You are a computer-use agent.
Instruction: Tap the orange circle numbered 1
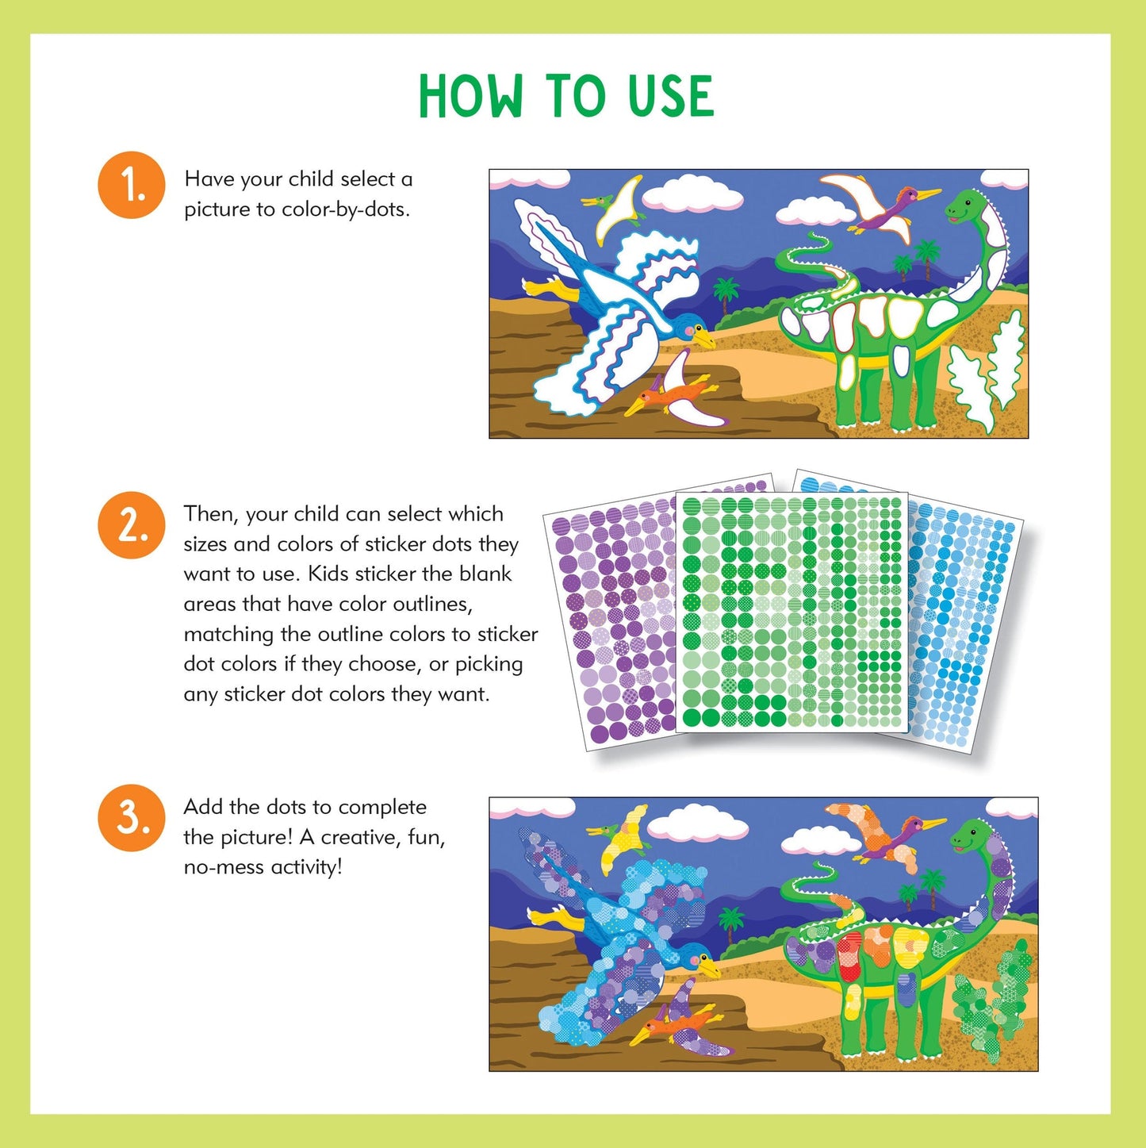coord(132,185)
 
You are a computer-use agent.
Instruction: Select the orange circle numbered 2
coord(132,525)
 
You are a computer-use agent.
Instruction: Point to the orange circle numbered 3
coord(132,818)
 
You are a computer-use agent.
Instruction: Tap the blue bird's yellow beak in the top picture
coord(703,339)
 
